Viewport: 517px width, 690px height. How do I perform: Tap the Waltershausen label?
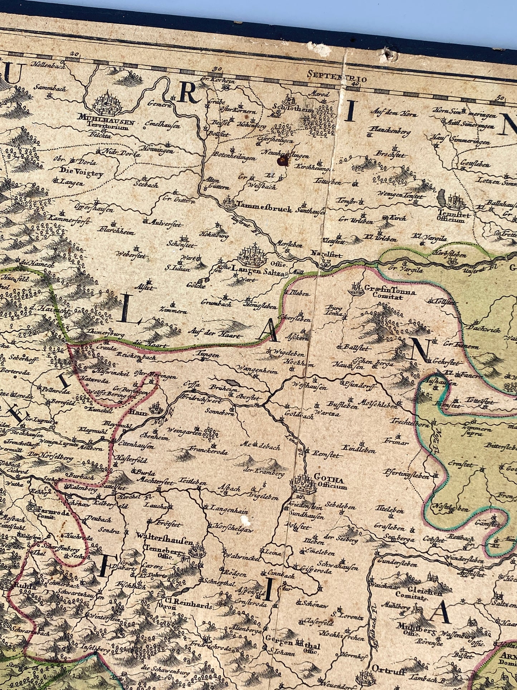[165, 542]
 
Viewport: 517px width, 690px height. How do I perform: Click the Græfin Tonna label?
[390, 292]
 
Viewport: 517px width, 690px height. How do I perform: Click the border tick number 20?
[74, 53]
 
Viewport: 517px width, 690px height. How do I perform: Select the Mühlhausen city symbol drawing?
[107, 103]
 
